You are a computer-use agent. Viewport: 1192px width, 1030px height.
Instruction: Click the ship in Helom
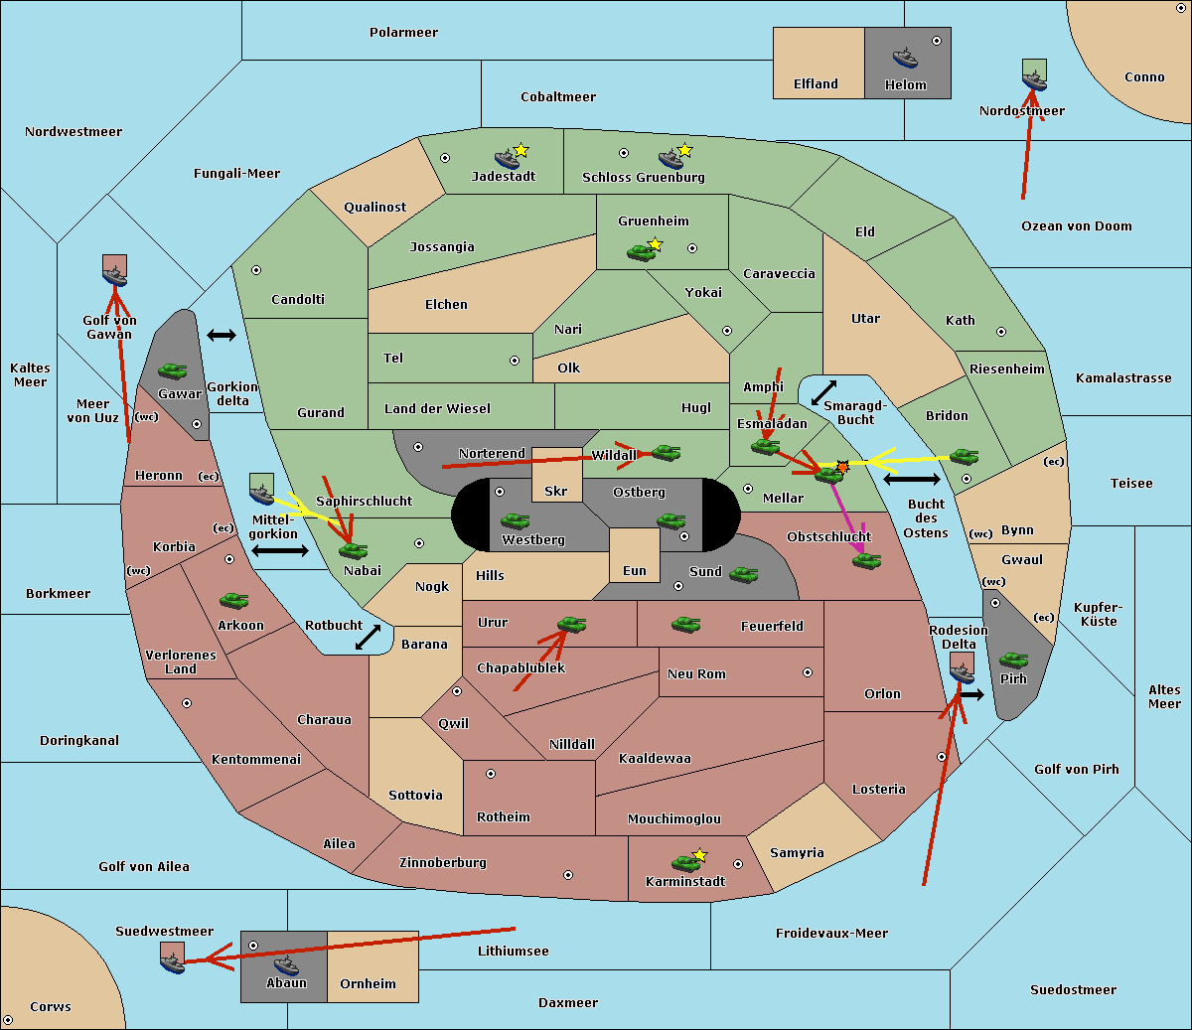tap(905, 58)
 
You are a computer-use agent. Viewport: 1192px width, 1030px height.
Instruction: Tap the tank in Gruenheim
tap(642, 252)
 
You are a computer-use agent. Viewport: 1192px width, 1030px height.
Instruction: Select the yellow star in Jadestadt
tap(521, 151)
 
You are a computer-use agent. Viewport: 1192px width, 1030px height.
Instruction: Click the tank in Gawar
tap(173, 370)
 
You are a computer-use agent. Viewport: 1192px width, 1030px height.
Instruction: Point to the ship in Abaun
tap(286, 965)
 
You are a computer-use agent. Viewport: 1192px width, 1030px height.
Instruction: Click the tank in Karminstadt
tap(686, 863)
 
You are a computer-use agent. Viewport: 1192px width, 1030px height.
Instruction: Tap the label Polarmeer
tap(403, 33)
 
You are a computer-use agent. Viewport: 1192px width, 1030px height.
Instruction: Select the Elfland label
tap(816, 84)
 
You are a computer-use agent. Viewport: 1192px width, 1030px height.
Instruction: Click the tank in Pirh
tap(1013, 660)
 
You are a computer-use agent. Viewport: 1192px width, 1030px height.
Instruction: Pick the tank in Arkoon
tap(234, 601)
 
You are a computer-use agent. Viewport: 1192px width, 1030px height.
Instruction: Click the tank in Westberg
tap(515, 521)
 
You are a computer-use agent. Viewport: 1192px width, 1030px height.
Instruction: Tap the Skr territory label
tap(556, 492)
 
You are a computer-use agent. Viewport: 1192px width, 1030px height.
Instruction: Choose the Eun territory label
tap(635, 571)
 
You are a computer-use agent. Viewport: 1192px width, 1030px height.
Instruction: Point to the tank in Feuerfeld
tap(685, 625)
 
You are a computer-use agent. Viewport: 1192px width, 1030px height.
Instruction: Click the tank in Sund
tap(743, 575)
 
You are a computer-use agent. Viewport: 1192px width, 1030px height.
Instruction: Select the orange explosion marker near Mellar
tap(842, 467)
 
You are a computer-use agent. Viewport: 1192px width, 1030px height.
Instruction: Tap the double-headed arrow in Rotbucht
tap(369, 638)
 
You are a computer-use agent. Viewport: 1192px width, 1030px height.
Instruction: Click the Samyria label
tap(797, 853)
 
